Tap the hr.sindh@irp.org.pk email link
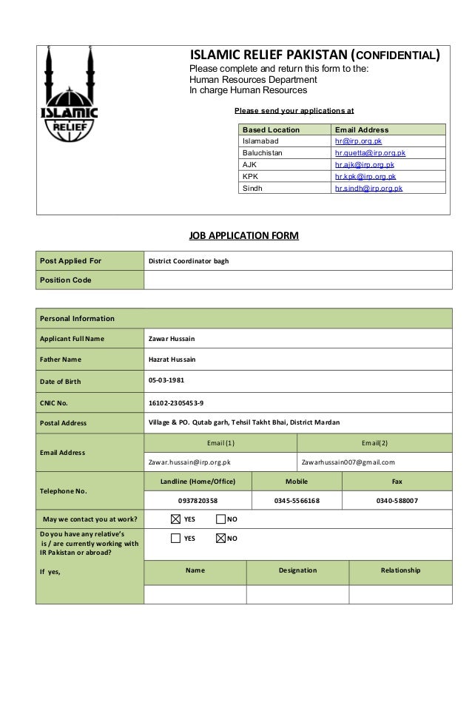368,189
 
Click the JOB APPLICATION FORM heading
243,237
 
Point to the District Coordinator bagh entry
189,261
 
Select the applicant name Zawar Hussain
172,339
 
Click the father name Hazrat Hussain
173,360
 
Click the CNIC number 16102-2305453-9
177,402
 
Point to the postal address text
244,422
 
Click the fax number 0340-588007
397,501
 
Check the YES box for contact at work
175,518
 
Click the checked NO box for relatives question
220,538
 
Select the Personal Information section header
78,319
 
